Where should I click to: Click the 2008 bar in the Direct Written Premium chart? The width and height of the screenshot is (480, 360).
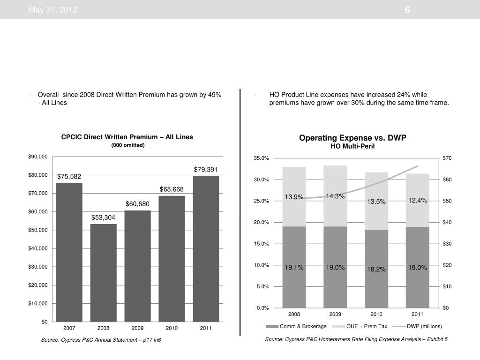click(103, 273)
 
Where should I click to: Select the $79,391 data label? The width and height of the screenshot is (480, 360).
click(206, 169)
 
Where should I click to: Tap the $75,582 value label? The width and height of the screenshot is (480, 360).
click(69, 177)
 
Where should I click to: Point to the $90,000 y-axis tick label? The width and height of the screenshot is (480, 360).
click(37, 157)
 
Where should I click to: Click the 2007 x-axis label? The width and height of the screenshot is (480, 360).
click(69, 328)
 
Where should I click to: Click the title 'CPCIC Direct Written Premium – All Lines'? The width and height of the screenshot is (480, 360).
click(127, 137)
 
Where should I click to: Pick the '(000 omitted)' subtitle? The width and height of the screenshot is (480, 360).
click(128, 145)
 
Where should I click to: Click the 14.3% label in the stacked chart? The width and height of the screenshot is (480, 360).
click(336, 196)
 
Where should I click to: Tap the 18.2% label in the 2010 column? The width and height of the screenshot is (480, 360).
click(376, 269)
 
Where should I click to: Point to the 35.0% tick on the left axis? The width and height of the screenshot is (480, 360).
click(262, 158)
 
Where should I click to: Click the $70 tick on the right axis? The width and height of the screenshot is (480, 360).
click(447, 158)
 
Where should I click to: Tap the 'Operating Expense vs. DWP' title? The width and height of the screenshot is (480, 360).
click(353, 138)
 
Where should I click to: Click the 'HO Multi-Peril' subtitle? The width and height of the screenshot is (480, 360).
click(353, 147)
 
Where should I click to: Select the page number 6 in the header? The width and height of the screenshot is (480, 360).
click(407, 10)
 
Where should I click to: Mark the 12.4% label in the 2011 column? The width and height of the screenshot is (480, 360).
click(417, 201)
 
